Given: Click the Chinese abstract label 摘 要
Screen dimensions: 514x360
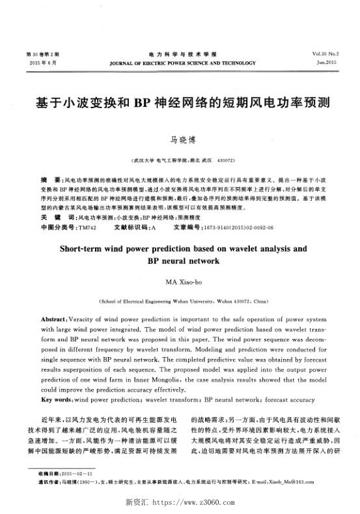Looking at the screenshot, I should click(x=48, y=178).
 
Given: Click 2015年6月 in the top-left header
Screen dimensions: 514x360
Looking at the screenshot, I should click(x=44, y=63).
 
